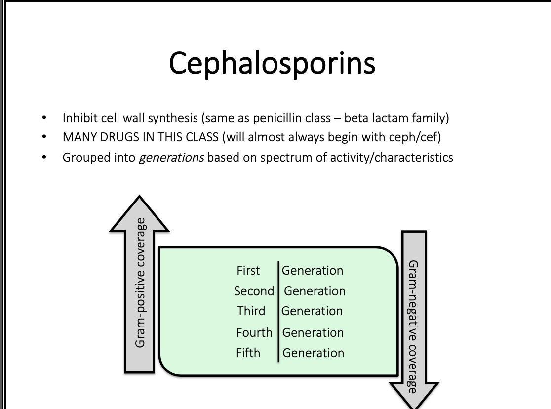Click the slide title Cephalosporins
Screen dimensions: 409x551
(272, 63)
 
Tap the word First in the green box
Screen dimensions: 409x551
(248, 270)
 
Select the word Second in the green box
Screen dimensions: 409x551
(254, 291)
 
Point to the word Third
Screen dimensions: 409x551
(251, 311)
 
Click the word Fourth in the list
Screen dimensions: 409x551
(254, 332)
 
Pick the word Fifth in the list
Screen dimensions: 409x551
(248, 353)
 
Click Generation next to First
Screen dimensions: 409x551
(312, 270)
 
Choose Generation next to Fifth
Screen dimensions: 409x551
(313, 353)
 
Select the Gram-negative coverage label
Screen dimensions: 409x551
(414, 326)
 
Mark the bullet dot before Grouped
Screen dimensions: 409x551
(45, 158)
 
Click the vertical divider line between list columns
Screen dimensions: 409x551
(278, 311)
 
